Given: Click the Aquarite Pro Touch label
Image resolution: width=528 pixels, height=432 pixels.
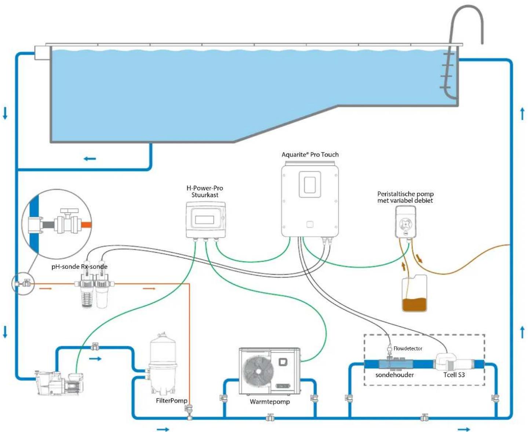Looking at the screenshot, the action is click(310, 155).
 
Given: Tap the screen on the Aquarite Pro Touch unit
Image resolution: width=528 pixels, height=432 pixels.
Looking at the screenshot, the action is click(310, 185).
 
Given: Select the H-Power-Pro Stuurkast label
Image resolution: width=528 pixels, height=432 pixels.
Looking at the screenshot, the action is click(205, 192).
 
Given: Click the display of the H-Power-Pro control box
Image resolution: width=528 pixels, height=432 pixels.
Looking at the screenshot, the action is click(204, 220).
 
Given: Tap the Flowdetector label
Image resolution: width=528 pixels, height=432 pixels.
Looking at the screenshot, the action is click(408, 348).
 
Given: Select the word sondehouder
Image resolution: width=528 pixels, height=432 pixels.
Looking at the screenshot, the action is click(394, 374).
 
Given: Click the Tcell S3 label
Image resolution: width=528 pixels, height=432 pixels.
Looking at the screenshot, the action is click(454, 374).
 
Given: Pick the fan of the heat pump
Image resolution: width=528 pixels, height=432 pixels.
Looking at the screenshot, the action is click(258, 371).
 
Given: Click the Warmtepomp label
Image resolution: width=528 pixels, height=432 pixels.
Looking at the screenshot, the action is click(270, 402).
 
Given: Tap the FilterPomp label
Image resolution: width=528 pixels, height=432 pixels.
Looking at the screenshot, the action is click(171, 400).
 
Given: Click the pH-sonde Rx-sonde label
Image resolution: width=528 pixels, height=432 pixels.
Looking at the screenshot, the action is click(79, 266).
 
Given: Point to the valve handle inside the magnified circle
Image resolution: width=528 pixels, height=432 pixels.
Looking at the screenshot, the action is click(69, 211).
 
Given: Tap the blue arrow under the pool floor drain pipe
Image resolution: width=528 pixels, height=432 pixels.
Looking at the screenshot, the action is click(90, 159).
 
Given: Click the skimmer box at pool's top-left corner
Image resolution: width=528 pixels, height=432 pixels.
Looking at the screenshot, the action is click(43, 53).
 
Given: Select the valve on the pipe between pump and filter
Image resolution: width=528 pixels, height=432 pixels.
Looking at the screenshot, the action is click(95, 347).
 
